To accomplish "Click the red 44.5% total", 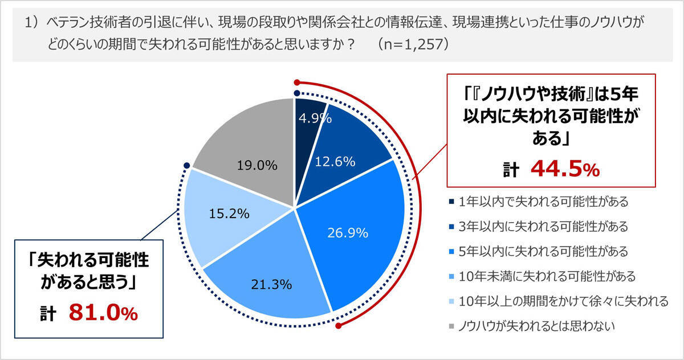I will pos(565,169).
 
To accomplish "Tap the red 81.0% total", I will pos(103,313).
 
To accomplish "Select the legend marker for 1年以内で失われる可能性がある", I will pos(451,202).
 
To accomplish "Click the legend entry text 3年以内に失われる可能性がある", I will pos(543,227).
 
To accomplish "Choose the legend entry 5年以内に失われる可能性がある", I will pos(543,251).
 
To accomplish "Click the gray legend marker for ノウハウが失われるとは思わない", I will pos(451,326).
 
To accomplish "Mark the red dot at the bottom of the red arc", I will pos(339,326).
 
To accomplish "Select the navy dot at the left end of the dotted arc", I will pos(186,166).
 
